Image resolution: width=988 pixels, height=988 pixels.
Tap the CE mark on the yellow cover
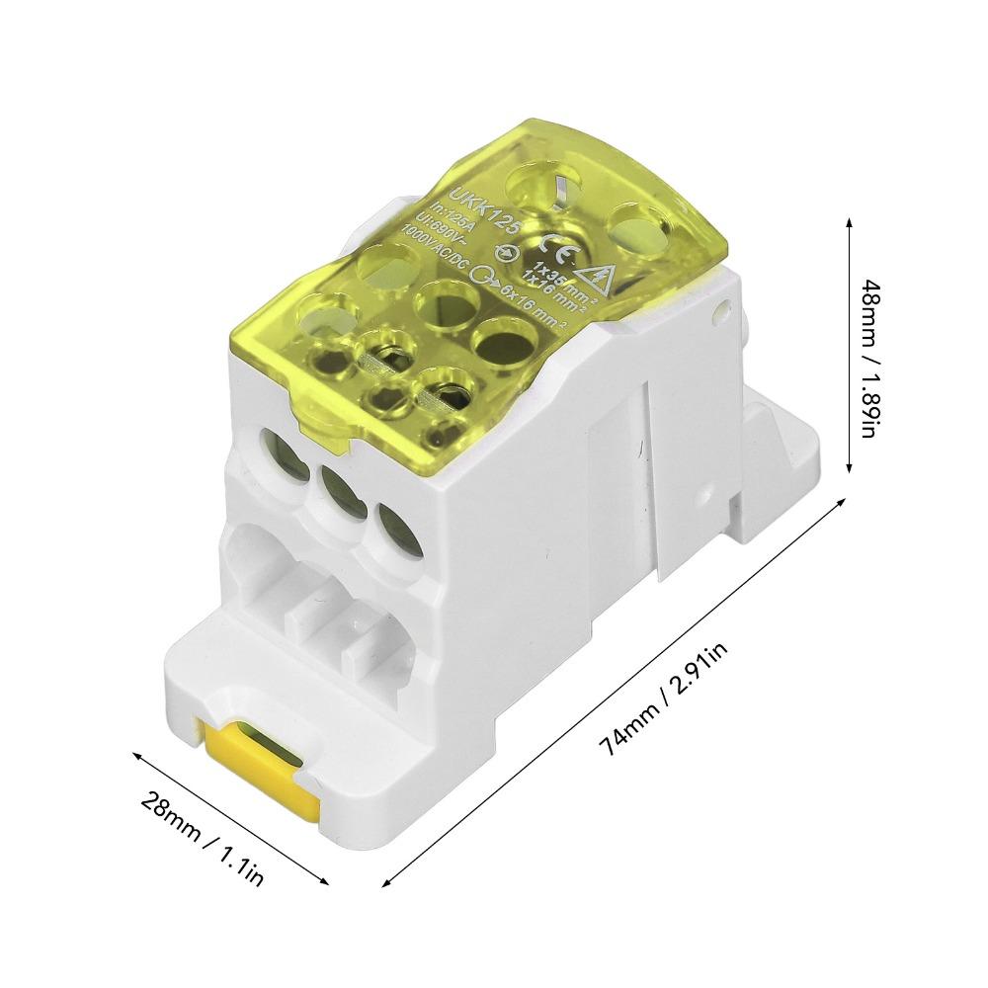coord(527,233)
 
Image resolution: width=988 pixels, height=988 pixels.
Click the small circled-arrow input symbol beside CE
coord(506,254)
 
